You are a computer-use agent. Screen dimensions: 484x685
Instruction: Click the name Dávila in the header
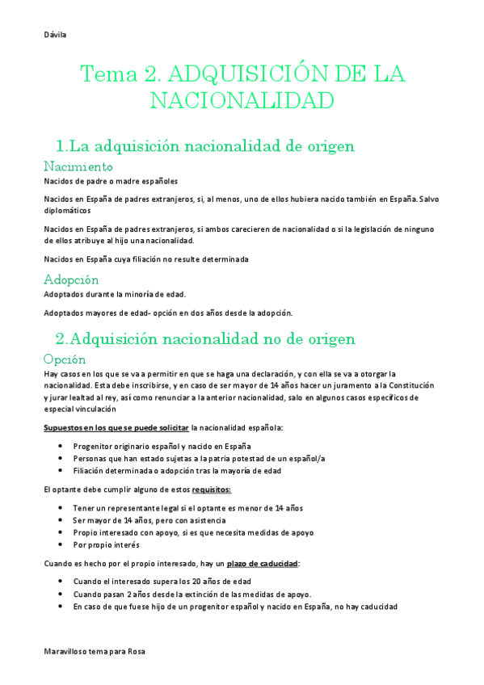(55, 35)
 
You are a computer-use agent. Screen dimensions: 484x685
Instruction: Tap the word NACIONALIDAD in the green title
(242, 102)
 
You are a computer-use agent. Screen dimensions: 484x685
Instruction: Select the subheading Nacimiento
(78, 166)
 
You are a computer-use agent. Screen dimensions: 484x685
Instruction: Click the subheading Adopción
(71, 279)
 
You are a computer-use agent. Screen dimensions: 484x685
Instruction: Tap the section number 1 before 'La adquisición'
(59, 146)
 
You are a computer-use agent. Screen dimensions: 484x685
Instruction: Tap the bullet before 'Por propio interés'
(62, 544)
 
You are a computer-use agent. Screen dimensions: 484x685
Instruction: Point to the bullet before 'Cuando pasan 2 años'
(62, 594)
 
